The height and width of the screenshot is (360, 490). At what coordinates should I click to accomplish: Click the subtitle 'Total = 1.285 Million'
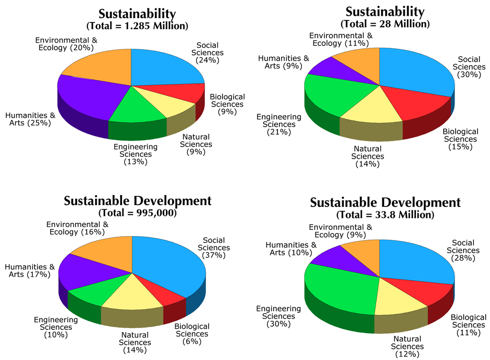click(137, 25)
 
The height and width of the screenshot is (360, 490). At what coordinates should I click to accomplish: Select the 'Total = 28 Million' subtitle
click(385, 23)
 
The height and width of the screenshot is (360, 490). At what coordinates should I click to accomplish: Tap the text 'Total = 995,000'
click(137, 213)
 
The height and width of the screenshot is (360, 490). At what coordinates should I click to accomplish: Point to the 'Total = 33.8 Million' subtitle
click(385, 215)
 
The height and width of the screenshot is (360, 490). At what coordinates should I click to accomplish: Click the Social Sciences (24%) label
click(207, 53)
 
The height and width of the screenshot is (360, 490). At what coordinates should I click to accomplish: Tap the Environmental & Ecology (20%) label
click(67, 44)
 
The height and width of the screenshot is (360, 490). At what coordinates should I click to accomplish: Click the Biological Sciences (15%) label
click(460, 139)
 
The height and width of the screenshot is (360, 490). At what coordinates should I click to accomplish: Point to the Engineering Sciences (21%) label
click(279, 124)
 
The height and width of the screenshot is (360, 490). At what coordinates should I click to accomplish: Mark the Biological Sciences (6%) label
click(191, 334)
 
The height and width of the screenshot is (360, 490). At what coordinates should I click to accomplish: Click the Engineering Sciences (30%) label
click(279, 316)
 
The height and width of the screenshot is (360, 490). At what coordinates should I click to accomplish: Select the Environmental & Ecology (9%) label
click(340, 231)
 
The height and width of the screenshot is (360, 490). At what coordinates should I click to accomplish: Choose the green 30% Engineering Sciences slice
click(340, 292)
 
